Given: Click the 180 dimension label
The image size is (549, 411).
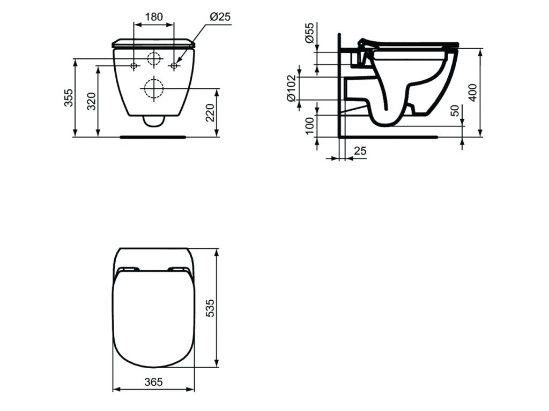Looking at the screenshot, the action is click(x=154, y=17).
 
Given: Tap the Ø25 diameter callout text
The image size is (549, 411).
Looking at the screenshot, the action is click(x=220, y=17).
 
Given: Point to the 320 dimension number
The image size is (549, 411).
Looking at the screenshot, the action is click(x=91, y=101).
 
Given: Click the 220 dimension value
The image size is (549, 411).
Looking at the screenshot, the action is click(x=210, y=112).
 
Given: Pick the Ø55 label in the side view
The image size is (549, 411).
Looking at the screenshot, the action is click(x=309, y=34).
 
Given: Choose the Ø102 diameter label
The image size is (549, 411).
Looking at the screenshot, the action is click(x=292, y=89).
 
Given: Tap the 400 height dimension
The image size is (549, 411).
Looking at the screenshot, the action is click(x=473, y=92).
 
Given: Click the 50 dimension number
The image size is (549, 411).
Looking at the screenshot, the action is click(x=455, y=110).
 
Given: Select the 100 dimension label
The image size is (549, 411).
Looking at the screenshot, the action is click(x=309, y=126).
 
